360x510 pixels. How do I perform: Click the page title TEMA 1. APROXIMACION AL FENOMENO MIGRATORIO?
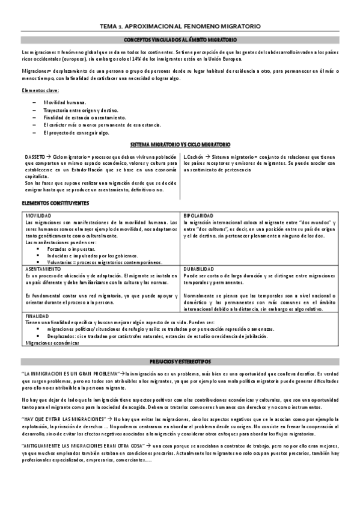coord(180,27)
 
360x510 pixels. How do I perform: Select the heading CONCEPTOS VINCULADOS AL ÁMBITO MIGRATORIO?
coord(180,40)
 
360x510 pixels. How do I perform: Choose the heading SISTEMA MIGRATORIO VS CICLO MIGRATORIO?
coord(180,146)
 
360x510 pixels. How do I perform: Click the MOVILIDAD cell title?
coord(38,215)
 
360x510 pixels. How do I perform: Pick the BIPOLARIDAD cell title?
coord(198,215)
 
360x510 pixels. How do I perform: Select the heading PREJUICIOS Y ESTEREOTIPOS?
coord(180,360)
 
